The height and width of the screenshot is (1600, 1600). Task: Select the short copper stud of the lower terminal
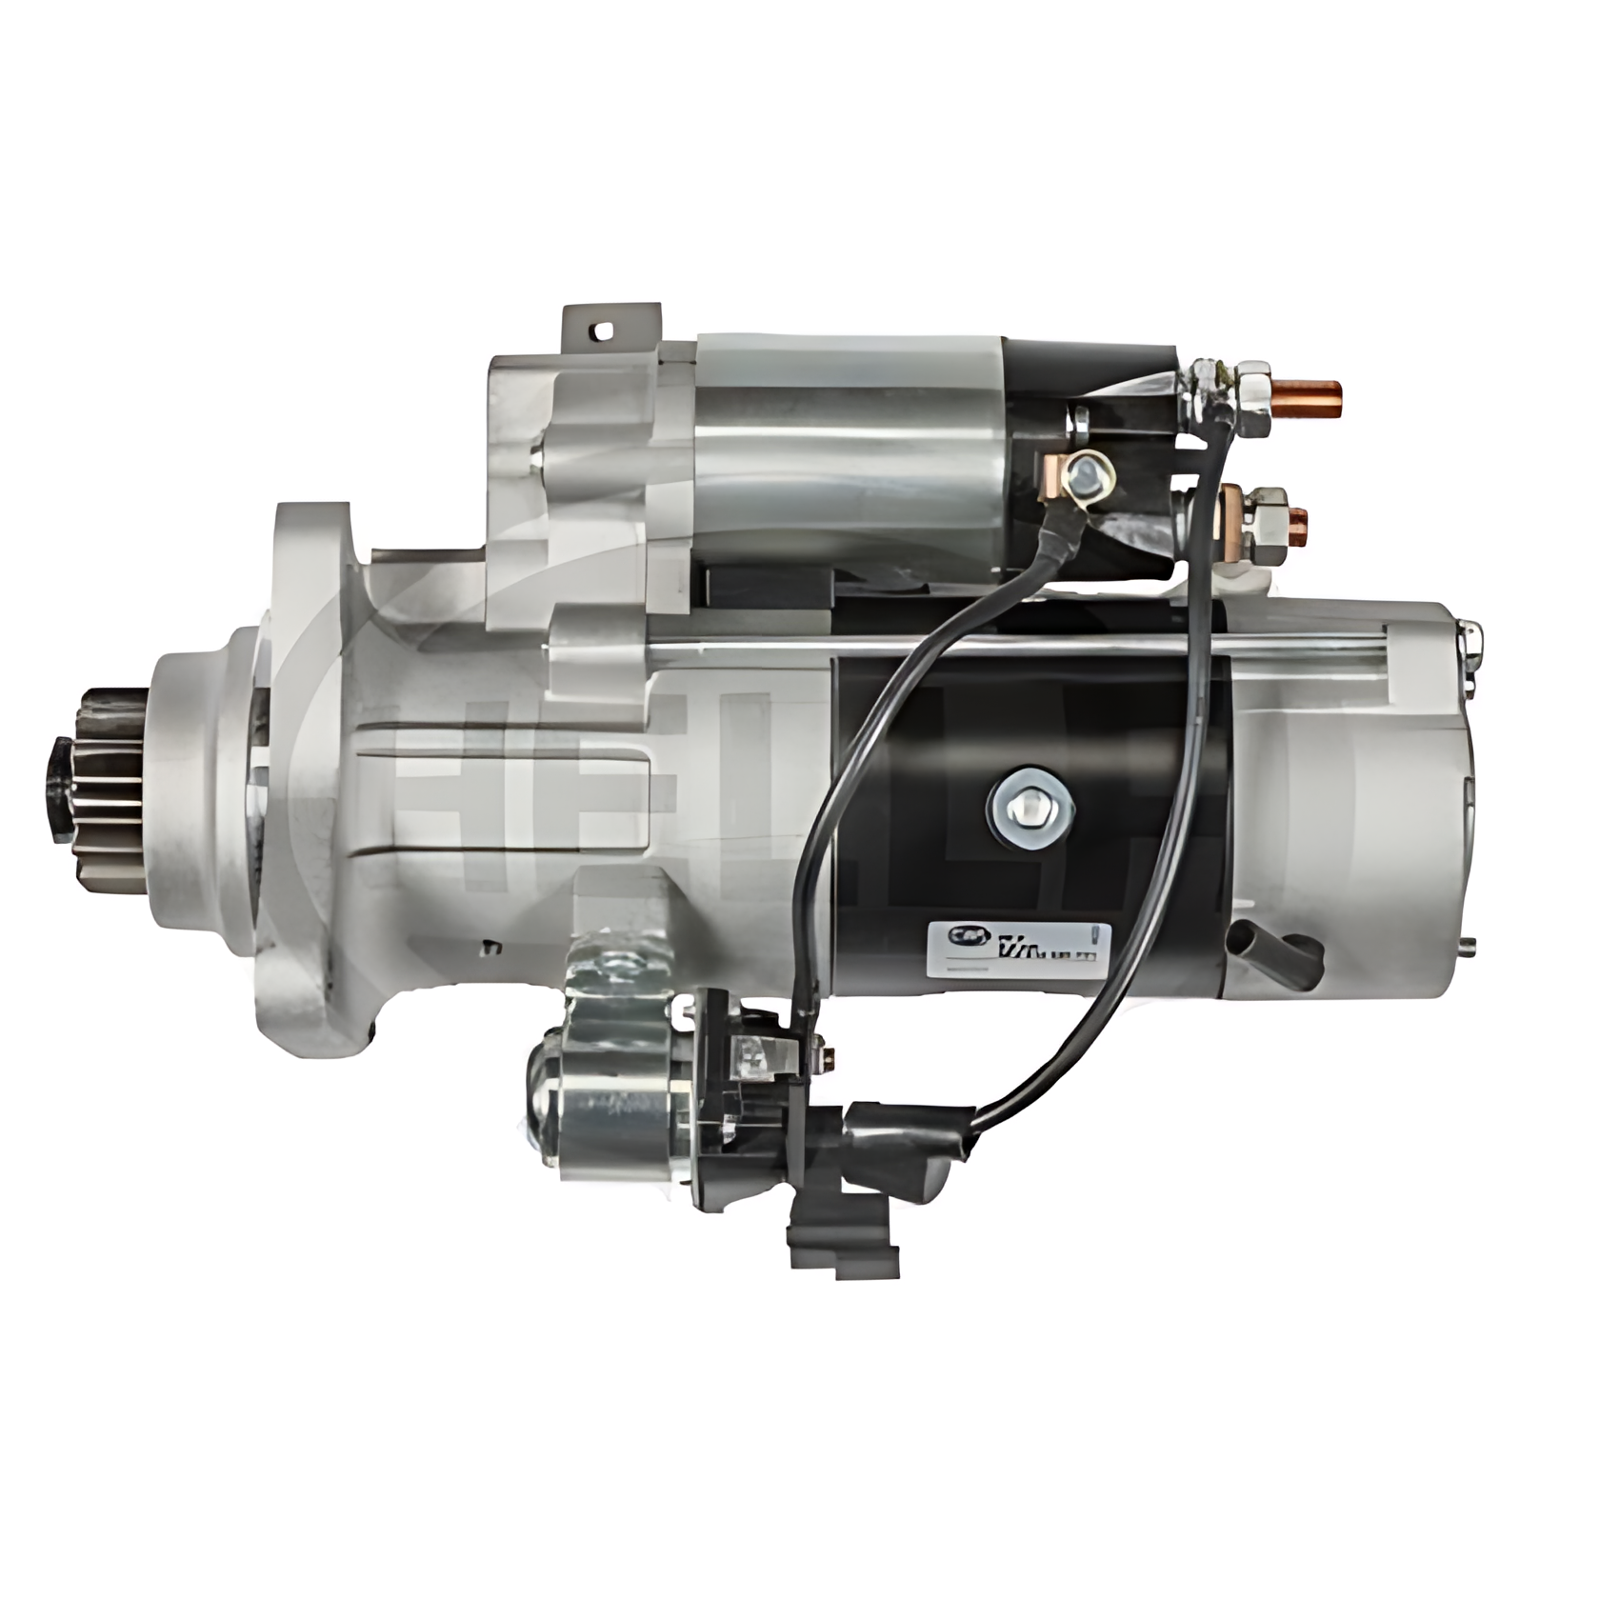pyautogui.click(x=1297, y=520)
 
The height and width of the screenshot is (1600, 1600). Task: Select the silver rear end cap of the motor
pyautogui.click(x=1352, y=800)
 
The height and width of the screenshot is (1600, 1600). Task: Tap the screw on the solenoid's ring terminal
pyautogui.click(x=1089, y=472)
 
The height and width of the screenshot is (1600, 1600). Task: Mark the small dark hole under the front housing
pyautogui.click(x=491, y=946)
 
